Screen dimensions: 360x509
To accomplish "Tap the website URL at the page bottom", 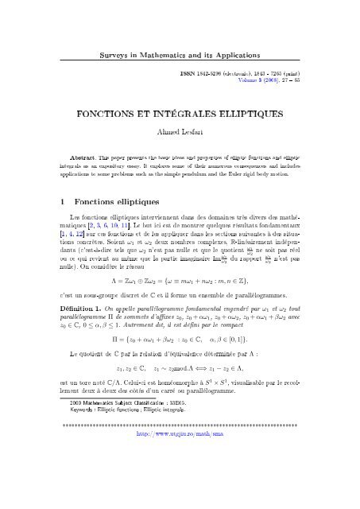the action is [180, 482].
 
